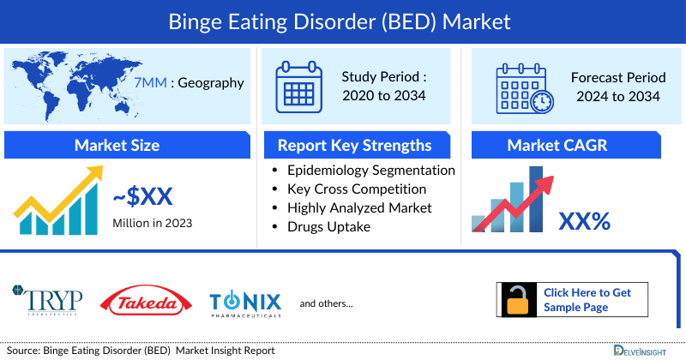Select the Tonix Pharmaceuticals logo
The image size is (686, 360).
click(245, 303)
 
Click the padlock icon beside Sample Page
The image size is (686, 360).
click(518, 300)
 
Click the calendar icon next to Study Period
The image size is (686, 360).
click(298, 86)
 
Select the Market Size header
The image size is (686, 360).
click(117, 145)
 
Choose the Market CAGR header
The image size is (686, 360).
click(569, 145)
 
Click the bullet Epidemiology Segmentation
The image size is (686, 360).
click(371, 170)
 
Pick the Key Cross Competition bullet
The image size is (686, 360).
click(357, 189)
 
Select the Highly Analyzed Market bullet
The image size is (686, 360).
click(359, 207)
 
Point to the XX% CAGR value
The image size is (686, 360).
click(585, 222)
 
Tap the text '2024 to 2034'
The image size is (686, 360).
click(616, 96)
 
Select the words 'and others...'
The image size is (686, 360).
click(326, 303)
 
